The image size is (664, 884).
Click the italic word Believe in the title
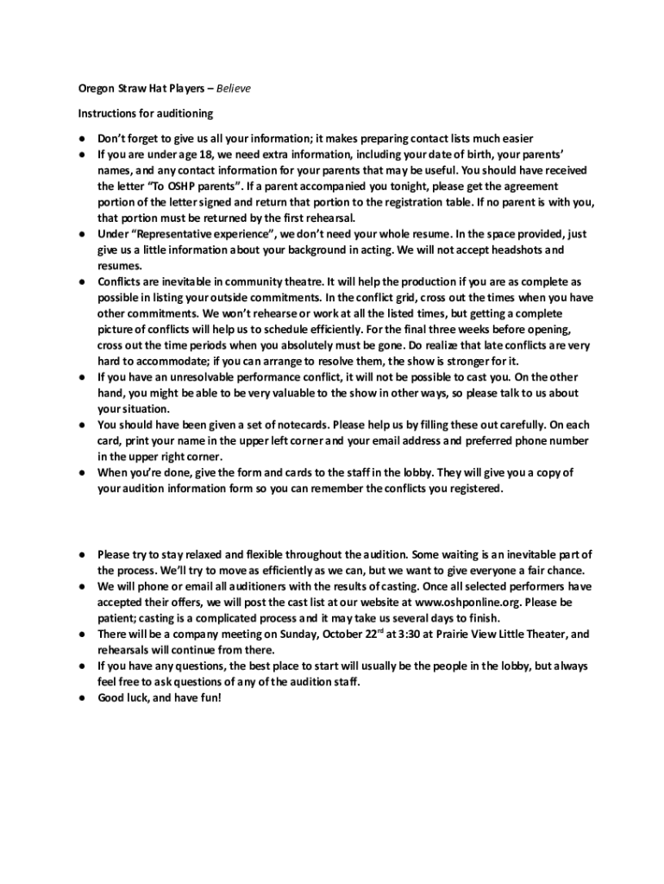pyautogui.click(x=233, y=89)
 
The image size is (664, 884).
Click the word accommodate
pyautogui.click(x=155, y=361)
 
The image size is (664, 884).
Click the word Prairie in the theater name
pyautogui.click(x=453, y=635)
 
